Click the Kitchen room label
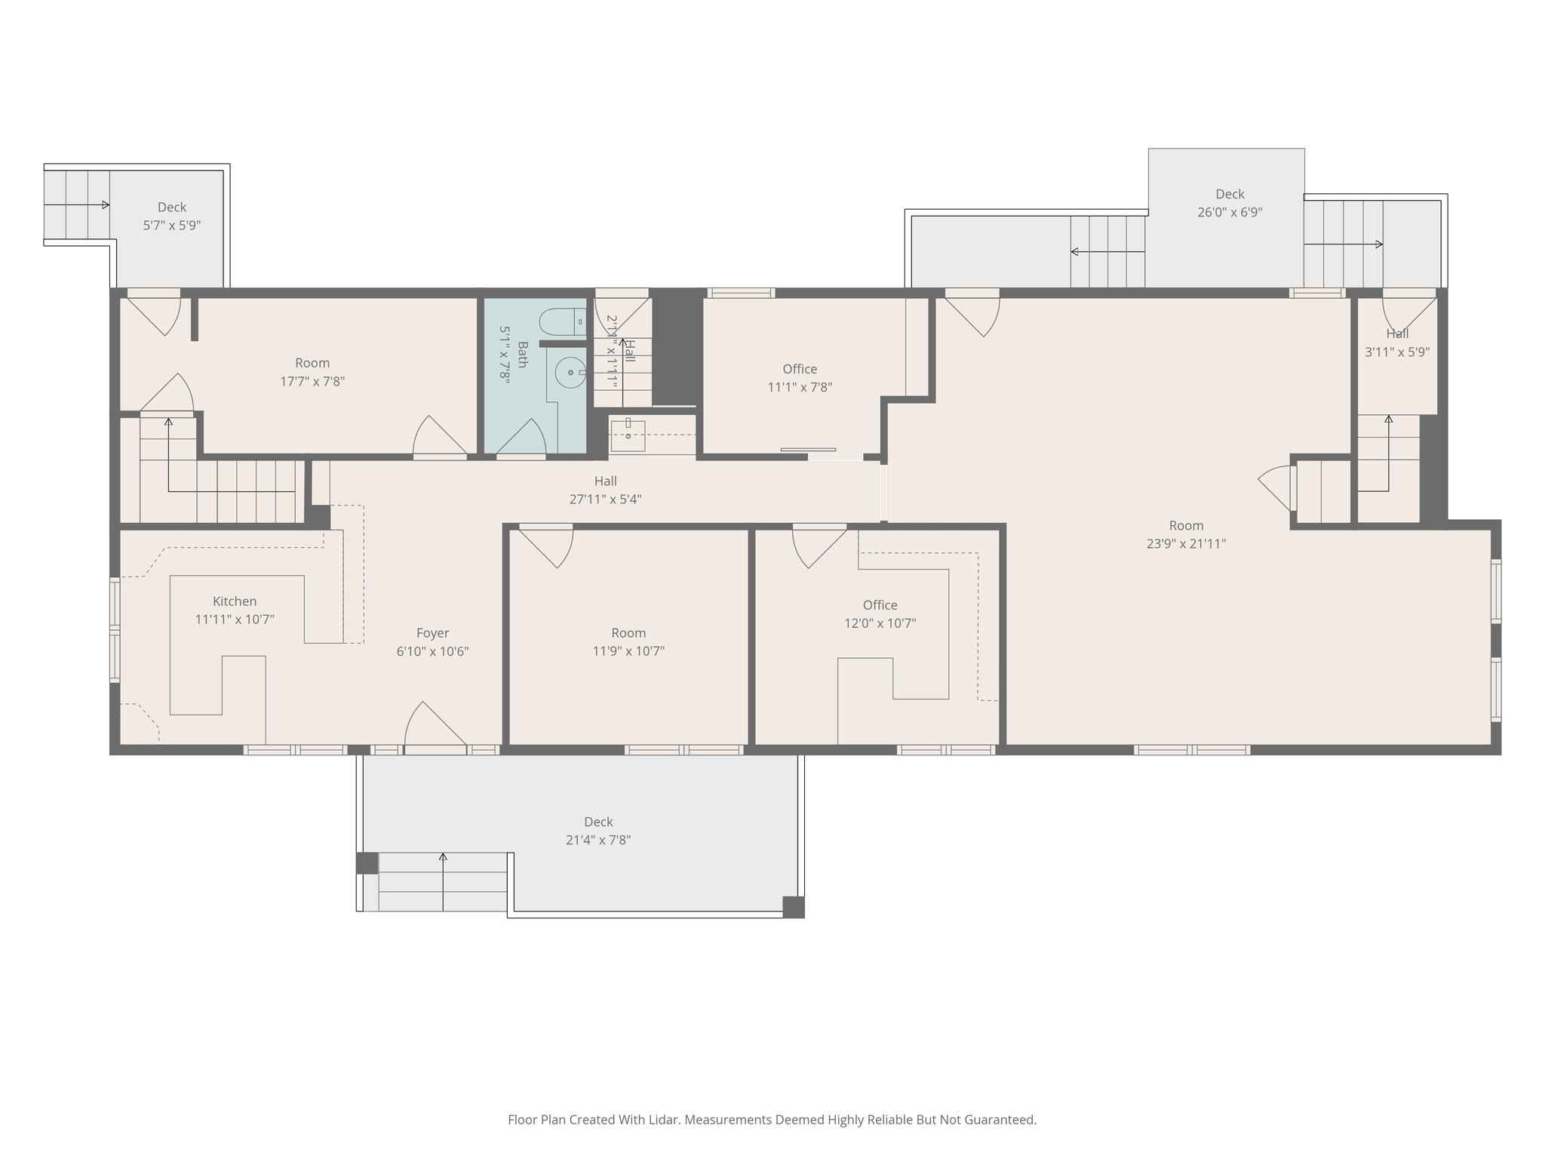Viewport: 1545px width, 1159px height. point(235,601)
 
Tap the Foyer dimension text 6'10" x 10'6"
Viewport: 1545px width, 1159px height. point(432,651)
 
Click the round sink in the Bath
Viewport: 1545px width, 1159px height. point(570,372)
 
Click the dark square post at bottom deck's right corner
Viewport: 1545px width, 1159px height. point(793,906)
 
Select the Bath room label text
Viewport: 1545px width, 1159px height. point(523,354)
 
